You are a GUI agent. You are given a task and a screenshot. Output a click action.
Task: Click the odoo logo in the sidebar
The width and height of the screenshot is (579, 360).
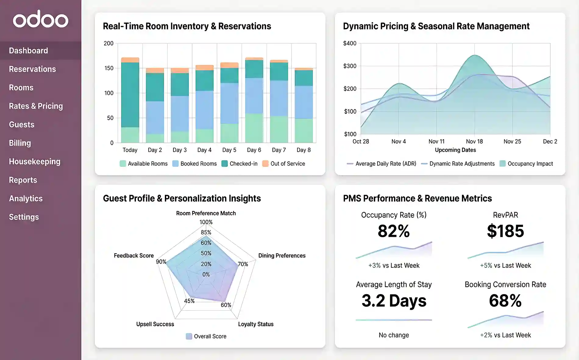(41, 19)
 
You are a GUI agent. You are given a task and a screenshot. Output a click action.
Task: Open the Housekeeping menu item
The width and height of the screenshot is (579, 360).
(34, 162)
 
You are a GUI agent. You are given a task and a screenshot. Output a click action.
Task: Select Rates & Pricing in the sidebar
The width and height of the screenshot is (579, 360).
(36, 106)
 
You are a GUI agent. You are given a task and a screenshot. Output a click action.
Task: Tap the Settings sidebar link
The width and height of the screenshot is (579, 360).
(24, 217)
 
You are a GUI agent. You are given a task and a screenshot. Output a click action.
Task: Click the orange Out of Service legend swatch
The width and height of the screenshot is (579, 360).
(265, 164)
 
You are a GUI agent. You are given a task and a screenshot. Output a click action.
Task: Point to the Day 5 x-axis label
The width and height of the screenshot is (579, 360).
(229, 150)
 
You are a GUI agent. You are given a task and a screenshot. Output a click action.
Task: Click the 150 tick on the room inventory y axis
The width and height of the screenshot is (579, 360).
(109, 68)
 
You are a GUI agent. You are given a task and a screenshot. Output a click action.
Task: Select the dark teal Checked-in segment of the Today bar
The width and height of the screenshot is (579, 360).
(130, 94)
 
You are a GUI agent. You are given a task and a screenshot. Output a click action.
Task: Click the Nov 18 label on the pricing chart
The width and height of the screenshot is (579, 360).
(474, 141)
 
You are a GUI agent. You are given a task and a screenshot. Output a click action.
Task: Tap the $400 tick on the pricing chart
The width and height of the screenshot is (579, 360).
(350, 43)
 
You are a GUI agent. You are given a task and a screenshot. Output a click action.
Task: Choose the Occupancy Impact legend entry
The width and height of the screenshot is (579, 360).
(526, 164)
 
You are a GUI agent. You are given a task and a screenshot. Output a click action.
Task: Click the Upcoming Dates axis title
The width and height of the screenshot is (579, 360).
(455, 150)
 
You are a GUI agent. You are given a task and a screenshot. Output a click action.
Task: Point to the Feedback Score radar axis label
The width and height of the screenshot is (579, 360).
(133, 255)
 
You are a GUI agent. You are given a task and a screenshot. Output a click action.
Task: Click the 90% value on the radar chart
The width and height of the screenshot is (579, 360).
(161, 262)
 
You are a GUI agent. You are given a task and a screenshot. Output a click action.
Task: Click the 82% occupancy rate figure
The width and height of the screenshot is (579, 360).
(394, 231)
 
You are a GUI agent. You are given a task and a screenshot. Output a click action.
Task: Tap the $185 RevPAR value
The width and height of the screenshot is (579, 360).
(505, 231)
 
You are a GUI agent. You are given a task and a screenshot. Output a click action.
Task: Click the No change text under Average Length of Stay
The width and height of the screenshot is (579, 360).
(394, 335)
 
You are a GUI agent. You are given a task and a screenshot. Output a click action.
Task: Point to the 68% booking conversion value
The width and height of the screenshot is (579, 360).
(505, 301)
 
